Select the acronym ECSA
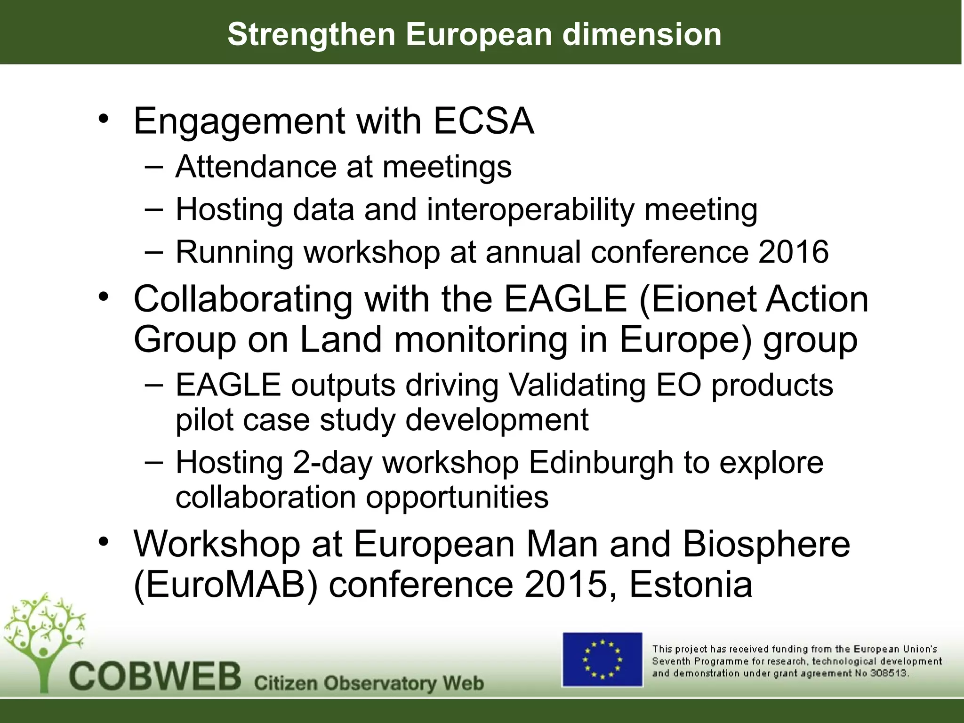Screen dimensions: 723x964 coord(483,121)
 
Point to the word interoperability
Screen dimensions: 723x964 coord(530,209)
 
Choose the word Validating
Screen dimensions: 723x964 coord(577,385)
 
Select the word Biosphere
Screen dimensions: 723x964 coord(766,544)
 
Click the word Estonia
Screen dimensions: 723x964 coord(691,585)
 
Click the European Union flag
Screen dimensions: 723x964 coord(602,659)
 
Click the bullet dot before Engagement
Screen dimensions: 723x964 coord(104,118)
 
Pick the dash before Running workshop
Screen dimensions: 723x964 coord(154,251)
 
